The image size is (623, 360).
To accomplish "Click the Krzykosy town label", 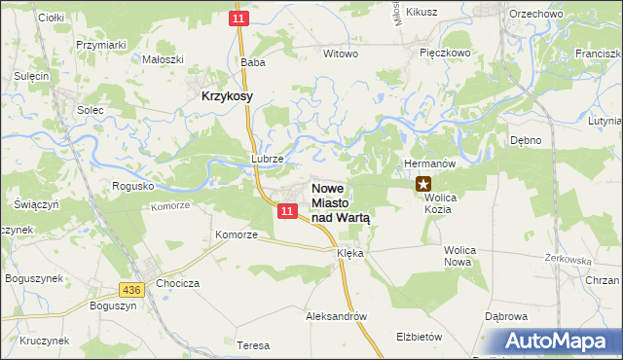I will pyautogui.click(x=227, y=96).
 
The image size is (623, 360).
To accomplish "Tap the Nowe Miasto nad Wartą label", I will pyautogui.click(x=341, y=203).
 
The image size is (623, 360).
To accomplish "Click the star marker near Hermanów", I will pyautogui.click(x=423, y=182).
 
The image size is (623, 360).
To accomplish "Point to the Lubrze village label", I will pyautogui.click(x=267, y=159).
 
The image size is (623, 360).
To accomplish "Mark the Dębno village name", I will pyautogui.click(x=525, y=140).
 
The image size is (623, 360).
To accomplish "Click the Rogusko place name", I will pyautogui.click(x=133, y=185).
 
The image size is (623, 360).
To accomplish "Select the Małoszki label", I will pyautogui.click(x=163, y=58).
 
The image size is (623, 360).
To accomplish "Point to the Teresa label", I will pyautogui.click(x=252, y=345).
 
